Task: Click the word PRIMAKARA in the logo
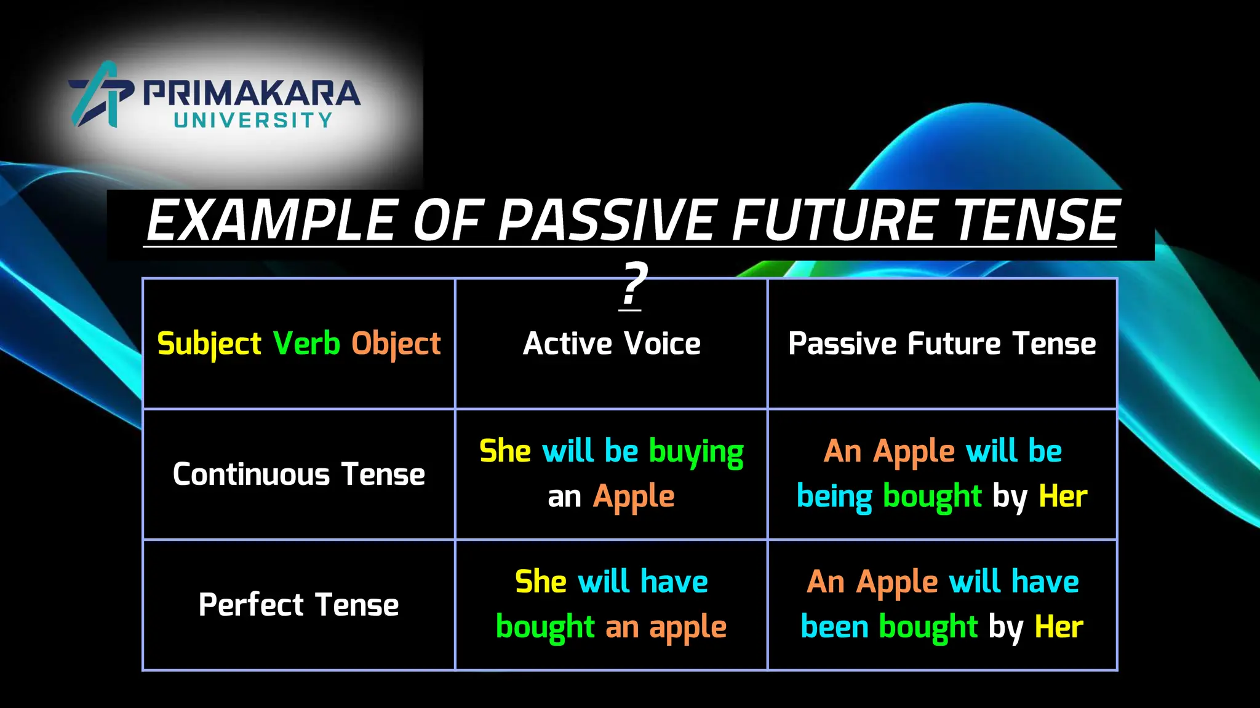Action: [252, 93]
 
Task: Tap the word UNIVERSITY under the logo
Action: [253, 120]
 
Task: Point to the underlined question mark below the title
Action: [632, 285]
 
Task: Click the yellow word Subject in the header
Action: [209, 344]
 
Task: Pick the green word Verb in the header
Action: [306, 343]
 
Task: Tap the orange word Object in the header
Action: [396, 344]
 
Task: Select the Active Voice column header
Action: [612, 344]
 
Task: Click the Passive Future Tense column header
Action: [942, 344]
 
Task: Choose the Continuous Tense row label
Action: [299, 474]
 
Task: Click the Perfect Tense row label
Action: [299, 605]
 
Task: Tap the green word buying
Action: [696, 452]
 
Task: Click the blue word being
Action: [834, 497]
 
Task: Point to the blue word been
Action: [834, 627]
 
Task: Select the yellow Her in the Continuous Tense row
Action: [1063, 497]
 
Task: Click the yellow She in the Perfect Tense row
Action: [540, 581]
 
